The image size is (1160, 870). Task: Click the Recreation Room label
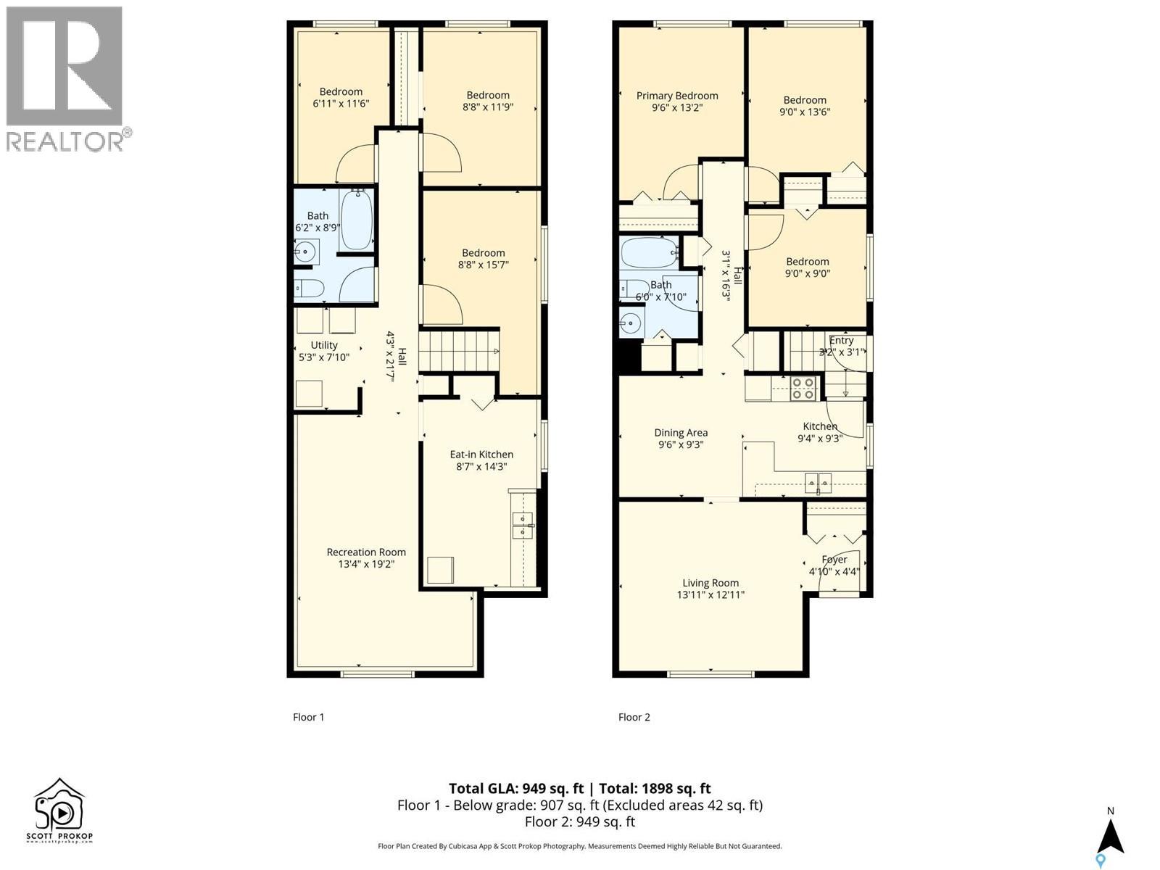coord(366,552)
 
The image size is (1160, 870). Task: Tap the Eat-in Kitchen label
coord(481,455)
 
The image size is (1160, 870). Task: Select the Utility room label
coord(324,345)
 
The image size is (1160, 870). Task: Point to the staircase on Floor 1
coord(458,351)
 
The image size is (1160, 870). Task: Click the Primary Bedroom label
coord(677,96)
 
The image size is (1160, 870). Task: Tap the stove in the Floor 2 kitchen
coord(803,389)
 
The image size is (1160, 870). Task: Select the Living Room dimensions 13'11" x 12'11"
coord(710,595)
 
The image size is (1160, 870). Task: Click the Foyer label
coord(834,560)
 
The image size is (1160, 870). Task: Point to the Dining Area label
coord(681,433)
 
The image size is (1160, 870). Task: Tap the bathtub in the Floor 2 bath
coord(650,252)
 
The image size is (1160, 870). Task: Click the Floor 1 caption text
coord(308,717)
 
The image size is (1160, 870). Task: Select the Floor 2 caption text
coord(634,717)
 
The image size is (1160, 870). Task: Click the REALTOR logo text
coord(65,141)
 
